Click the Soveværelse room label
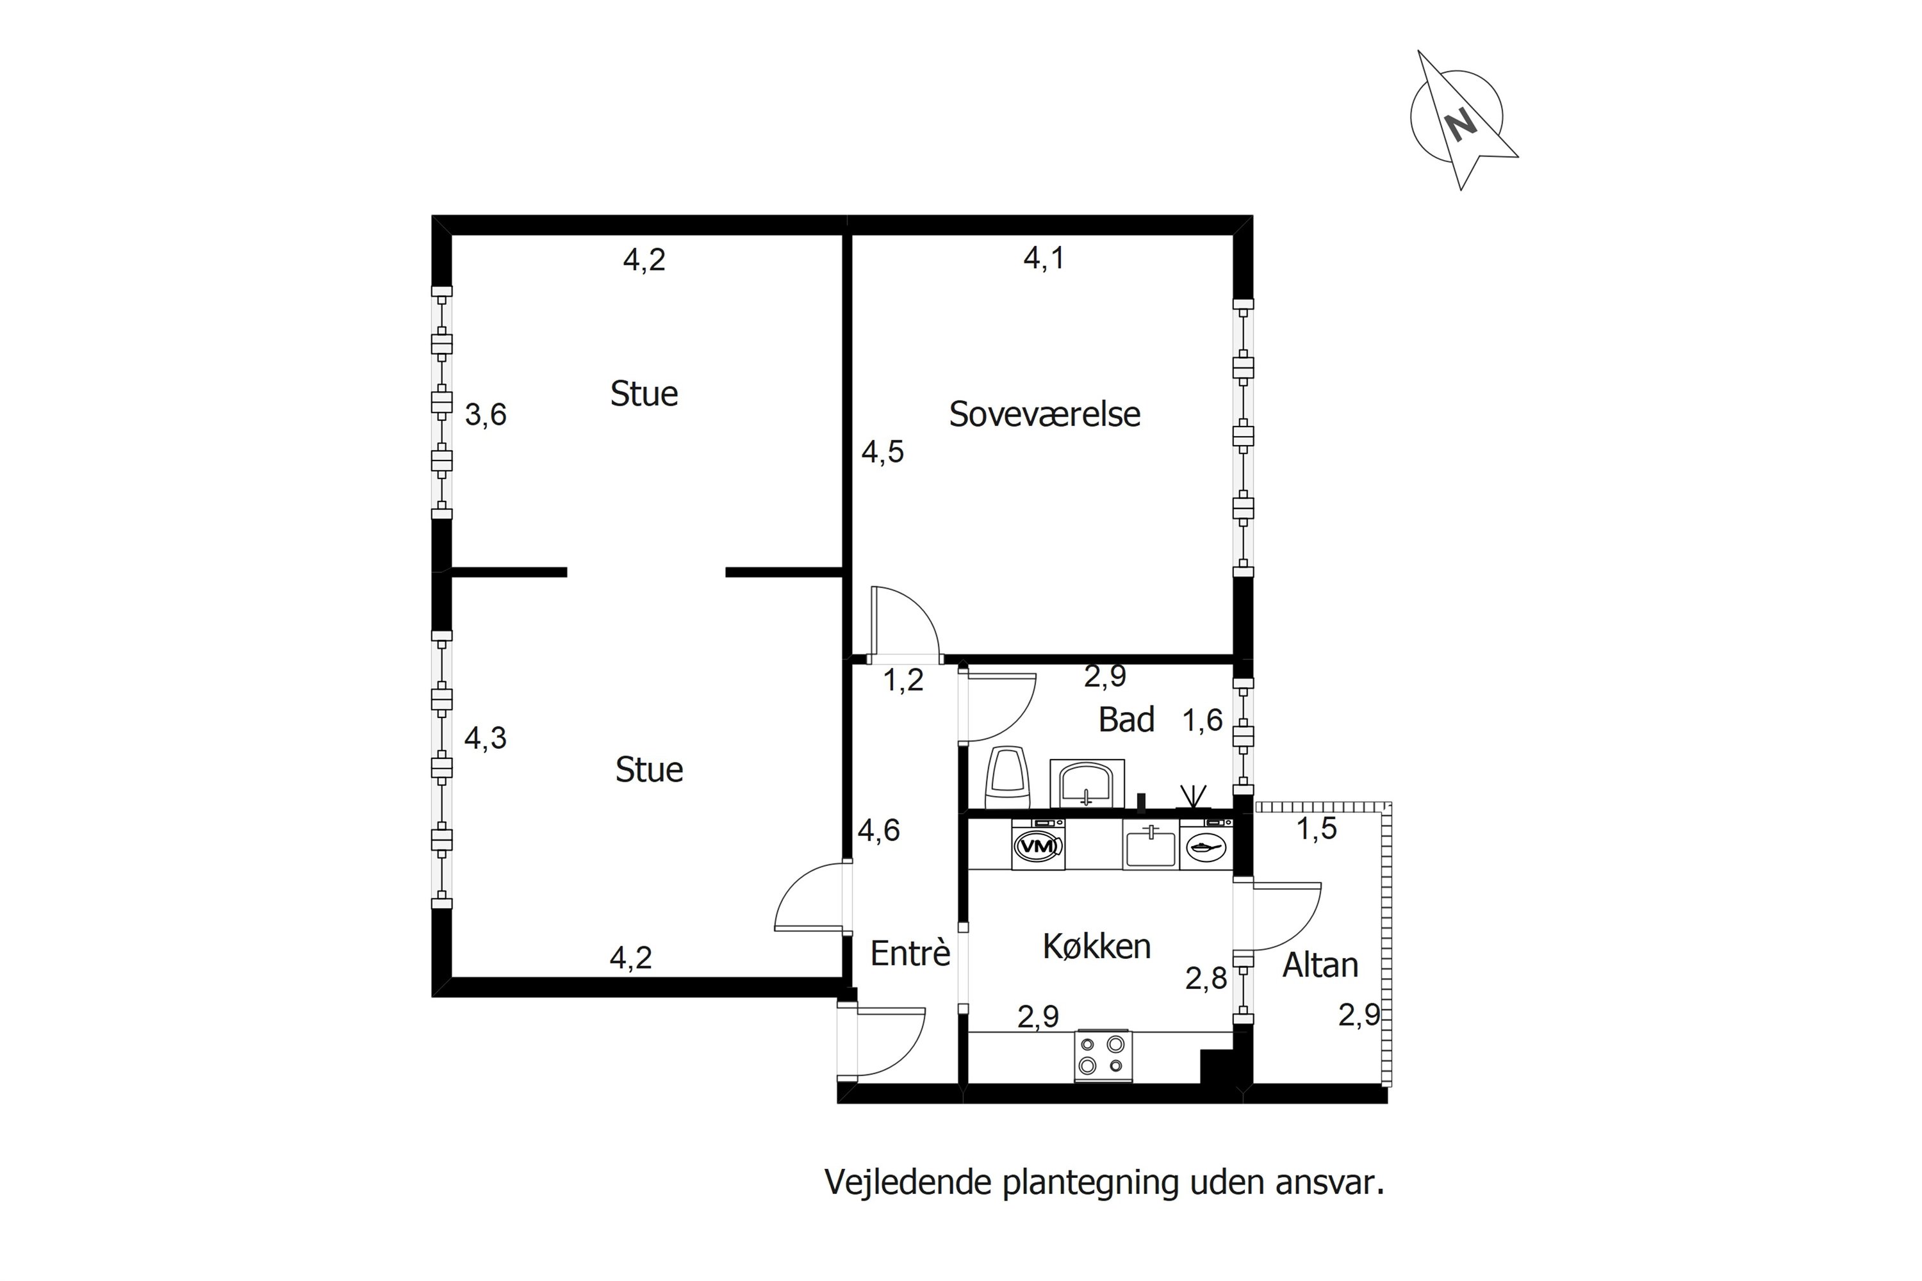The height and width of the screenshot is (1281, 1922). pyautogui.click(x=1044, y=414)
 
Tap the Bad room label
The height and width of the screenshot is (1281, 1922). pyautogui.click(x=1126, y=720)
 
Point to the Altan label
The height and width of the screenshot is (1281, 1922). pyautogui.click(x=1320, y=966)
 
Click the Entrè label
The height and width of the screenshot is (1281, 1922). pyautogui.click(x=910, y=954)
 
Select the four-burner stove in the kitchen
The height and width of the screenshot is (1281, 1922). pyautogui.click(x=1103, y=1055)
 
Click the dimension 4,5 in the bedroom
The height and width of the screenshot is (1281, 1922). pyautogui.click(x=883, y=452)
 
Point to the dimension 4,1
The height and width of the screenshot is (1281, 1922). pyautogui.click(x=1044, y=259)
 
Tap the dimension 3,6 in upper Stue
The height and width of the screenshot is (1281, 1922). pyautogui.click(x=486, y=415)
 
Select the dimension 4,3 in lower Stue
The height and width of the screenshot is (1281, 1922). pyautogui.click(x=486, y=738)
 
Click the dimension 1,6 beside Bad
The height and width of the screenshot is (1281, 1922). pyautogui.click(x=1203, y=721)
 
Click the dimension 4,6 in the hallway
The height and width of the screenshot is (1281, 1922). pyautogui.click(x=878, y=831)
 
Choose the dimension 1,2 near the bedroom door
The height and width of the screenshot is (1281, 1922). pyautogui.click(x=903, y=680)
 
